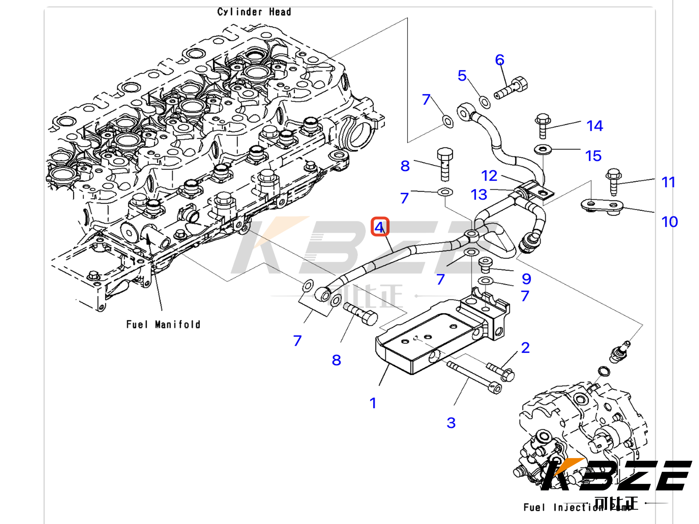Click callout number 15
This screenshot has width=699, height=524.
coord(593,156)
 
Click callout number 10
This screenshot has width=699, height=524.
coord(669,222)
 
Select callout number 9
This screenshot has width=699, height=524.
coord(526,279)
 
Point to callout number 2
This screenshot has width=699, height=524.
coord(525,348)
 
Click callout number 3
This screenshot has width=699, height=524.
coord(451,423)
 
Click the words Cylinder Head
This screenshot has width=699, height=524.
coord(254,12)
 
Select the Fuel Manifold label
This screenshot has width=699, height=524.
coord(163,324)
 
